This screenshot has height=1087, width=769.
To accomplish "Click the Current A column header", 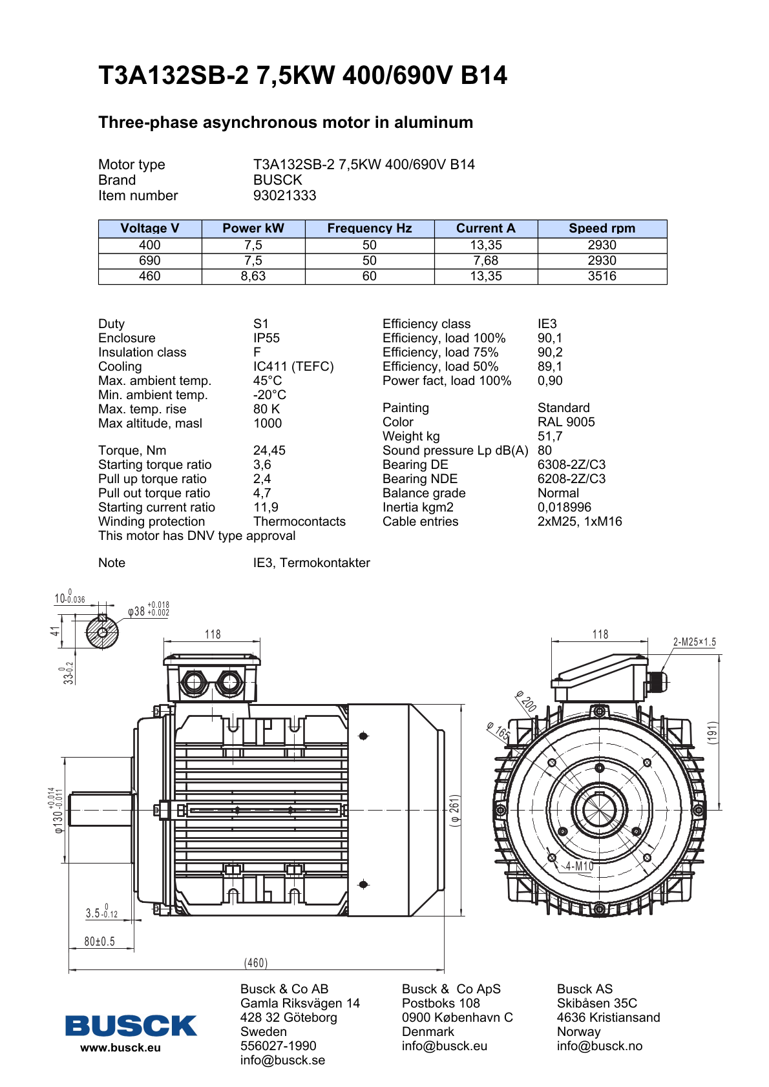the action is (485, 228).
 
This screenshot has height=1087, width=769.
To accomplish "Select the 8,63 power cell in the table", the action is (253, 276).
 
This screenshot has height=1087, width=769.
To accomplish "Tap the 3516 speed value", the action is (602, 276).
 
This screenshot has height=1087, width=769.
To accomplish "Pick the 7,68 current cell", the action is (485, 260).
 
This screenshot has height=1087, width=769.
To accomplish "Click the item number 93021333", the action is (285, 195).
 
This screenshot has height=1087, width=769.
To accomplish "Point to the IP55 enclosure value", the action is (266, 338).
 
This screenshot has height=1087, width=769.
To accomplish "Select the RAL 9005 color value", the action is (566, 422).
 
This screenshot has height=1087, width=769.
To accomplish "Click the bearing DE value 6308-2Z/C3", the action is (572, 464).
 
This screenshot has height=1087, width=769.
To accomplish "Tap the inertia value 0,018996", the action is (564, 507).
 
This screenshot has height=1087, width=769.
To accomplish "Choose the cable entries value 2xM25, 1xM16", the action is (580, 521).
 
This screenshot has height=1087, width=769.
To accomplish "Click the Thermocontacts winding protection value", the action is (299, 521).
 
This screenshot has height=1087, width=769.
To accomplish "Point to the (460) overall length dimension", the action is (256, 963).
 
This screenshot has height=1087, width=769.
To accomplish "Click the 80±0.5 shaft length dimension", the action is (100, 942).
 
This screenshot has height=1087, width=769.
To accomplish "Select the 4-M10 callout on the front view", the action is (579, 866).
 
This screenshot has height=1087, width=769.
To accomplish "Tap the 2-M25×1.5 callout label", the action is (695, 642).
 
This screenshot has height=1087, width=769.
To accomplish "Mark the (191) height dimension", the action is (713, 733).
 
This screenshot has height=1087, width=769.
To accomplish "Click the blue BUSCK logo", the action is (131, 1026).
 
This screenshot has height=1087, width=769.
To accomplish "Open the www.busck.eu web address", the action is (120, 1048).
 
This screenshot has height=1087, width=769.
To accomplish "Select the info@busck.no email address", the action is (600, 1046).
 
